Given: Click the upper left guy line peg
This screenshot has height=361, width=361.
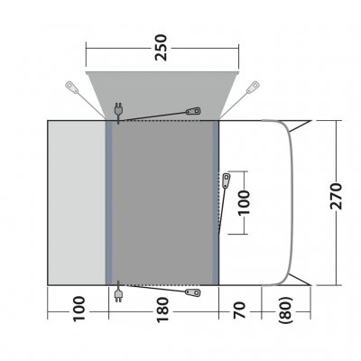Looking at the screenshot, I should tap(71, 88).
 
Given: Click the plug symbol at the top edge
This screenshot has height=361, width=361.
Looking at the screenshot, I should tap(118, 111).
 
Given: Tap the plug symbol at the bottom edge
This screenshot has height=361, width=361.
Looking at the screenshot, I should tap(118, 291).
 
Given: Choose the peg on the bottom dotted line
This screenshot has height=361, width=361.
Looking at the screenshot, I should tap(191, 292).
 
